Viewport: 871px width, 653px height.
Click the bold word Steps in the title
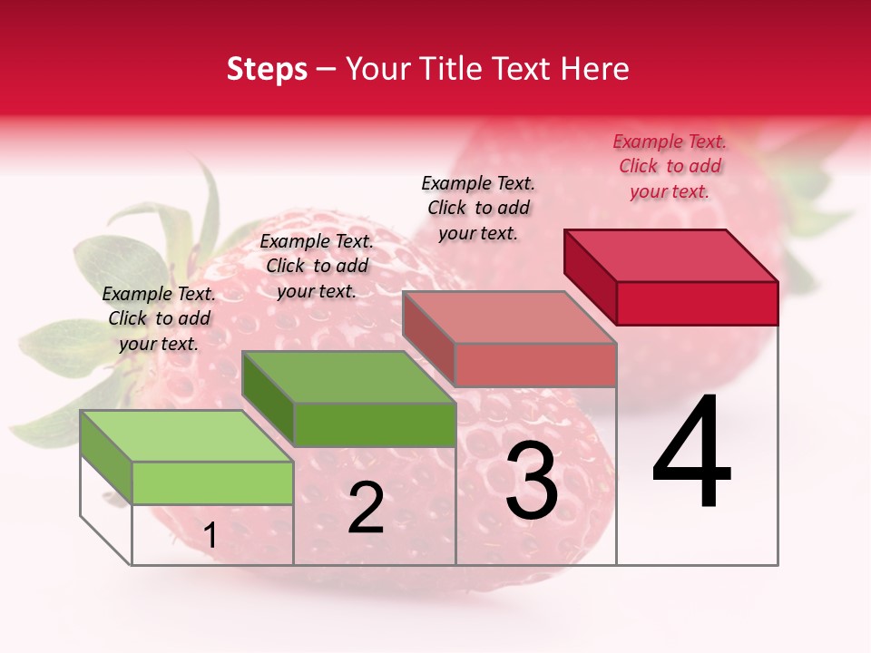coord(267,69)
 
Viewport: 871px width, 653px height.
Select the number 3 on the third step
coord(532,481)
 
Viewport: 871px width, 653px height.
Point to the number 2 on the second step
coord(366,509)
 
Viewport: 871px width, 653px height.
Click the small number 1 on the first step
coord(210,536)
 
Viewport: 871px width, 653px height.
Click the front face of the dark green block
coord(375,424)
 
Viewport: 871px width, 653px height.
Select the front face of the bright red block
coord(697,303)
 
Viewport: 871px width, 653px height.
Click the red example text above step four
coord(670,166)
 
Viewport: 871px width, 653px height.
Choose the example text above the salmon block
coord(478,208)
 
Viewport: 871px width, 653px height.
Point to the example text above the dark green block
coord(317,266)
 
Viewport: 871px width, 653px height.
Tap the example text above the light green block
coord(159,318)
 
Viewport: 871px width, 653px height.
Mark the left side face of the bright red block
coord(590,276)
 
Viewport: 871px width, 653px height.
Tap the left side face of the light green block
coord(106,456)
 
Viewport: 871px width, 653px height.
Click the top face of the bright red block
coord(671,255)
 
